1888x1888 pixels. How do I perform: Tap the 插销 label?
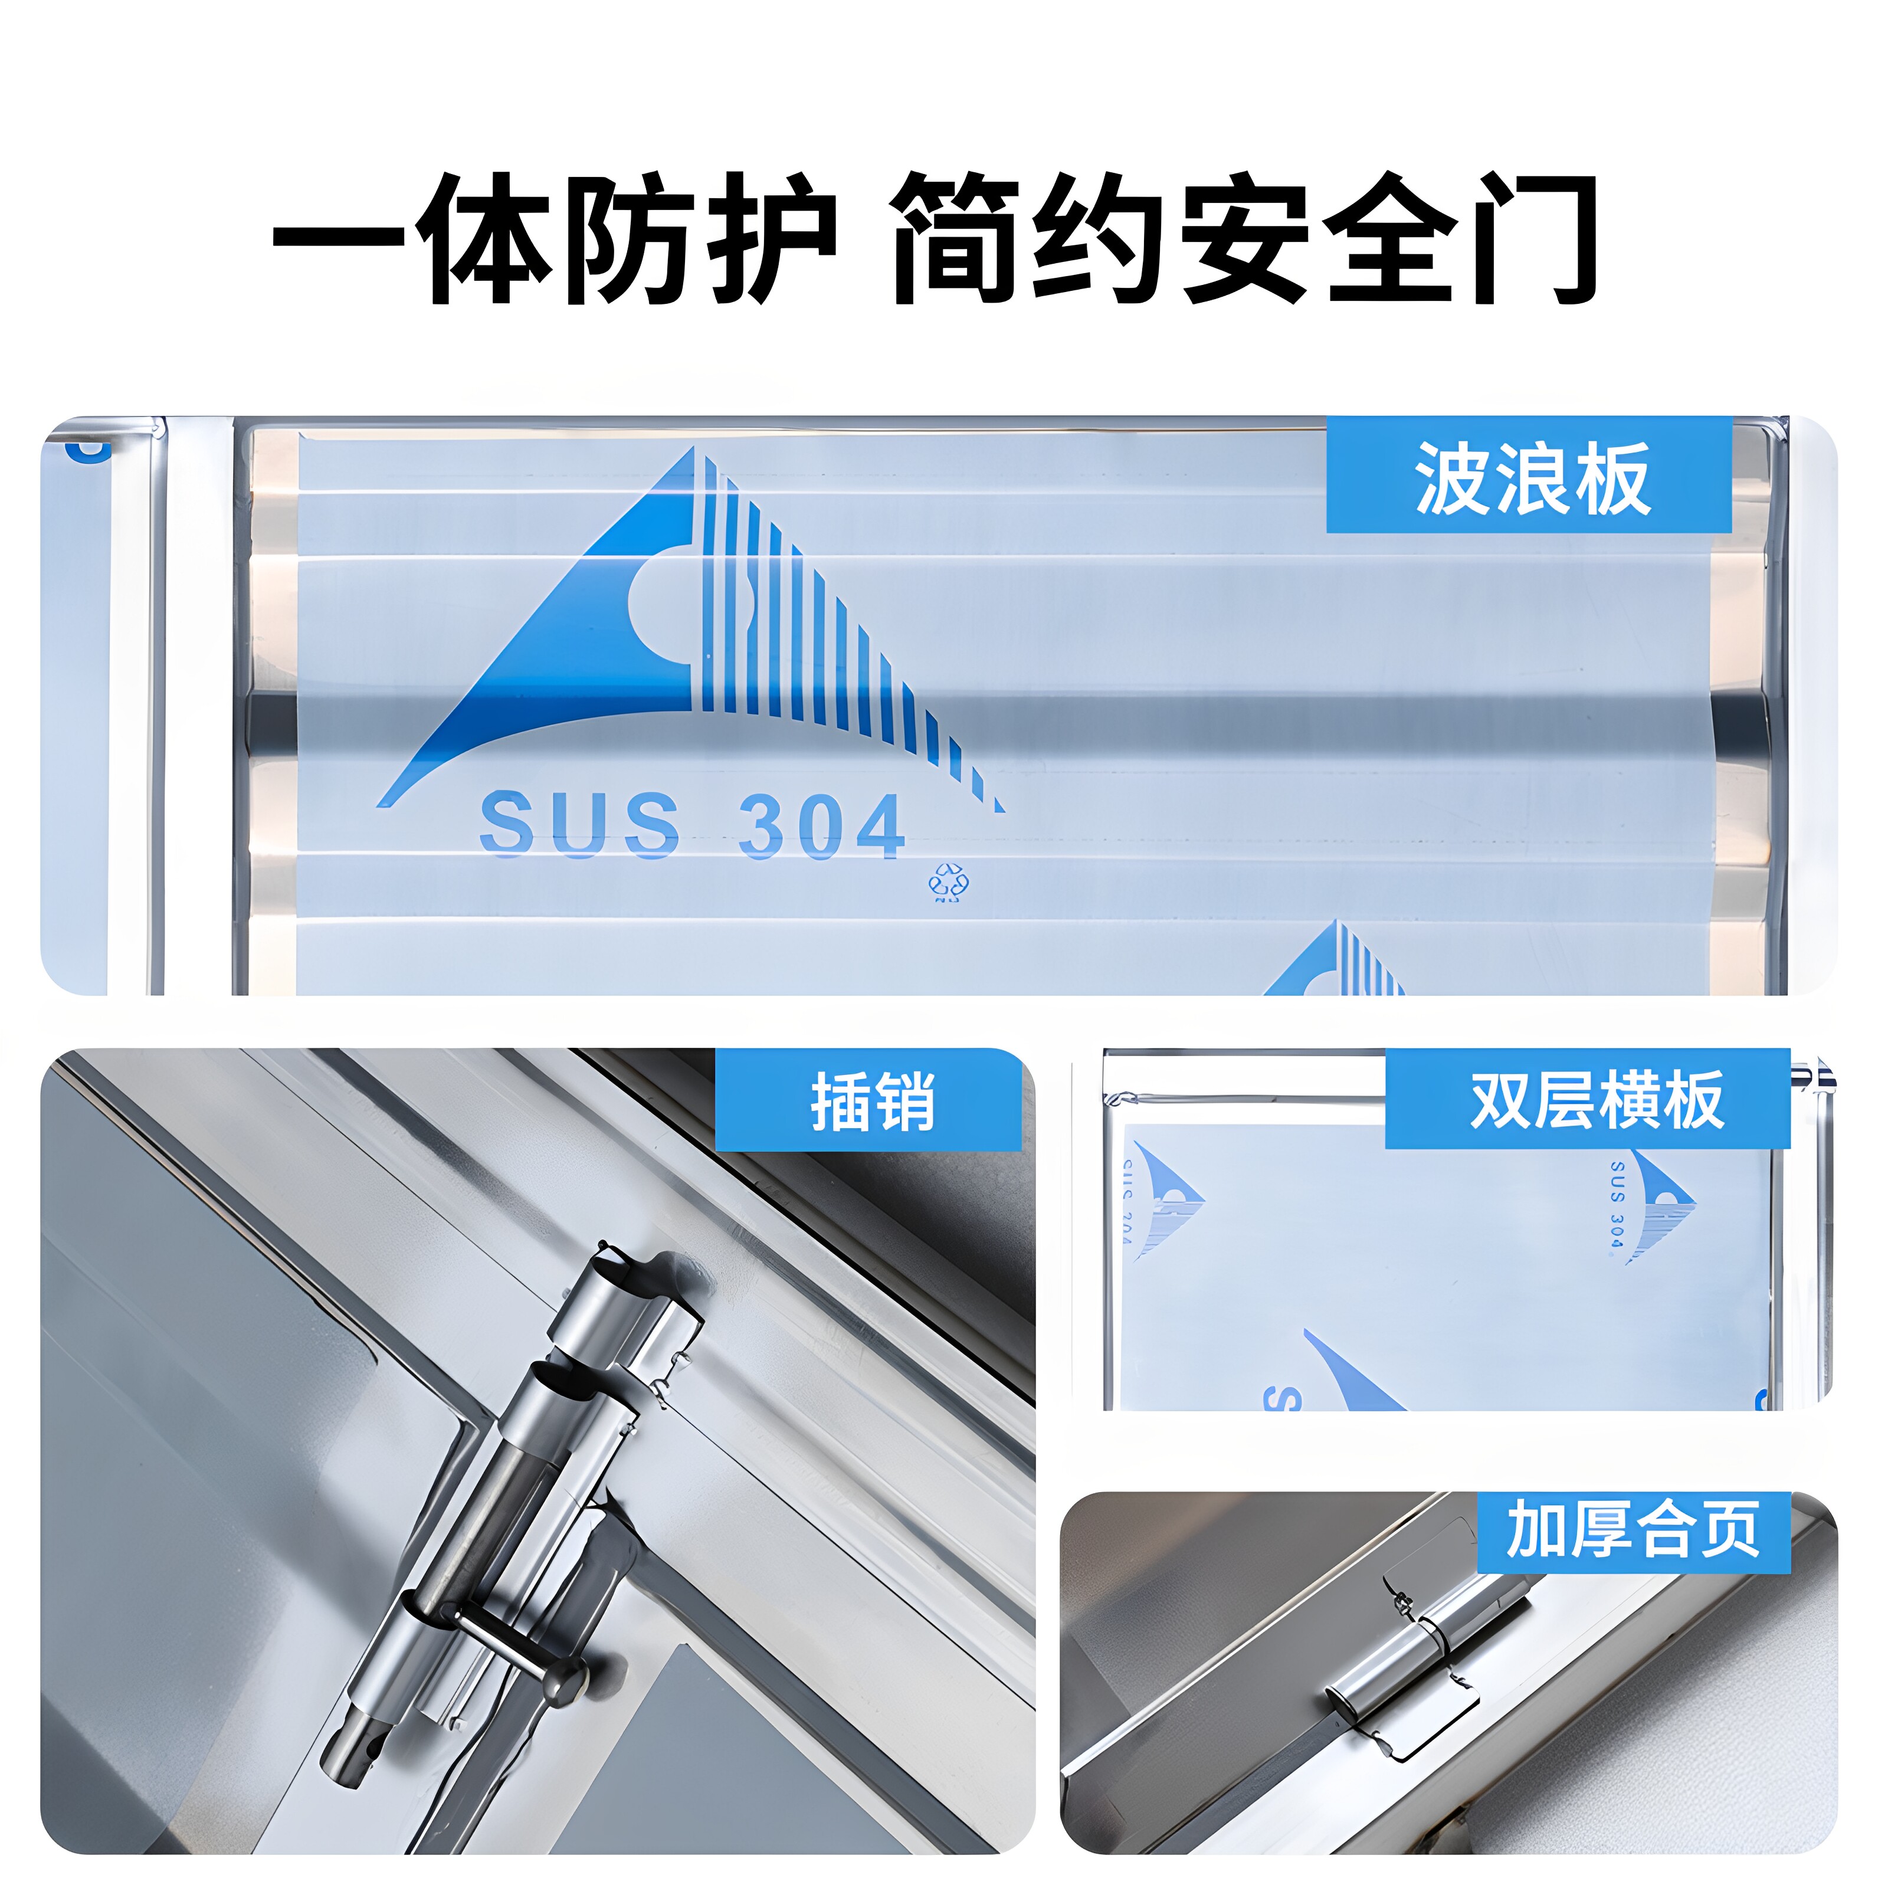(873, 1102)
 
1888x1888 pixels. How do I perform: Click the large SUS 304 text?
(692, 826)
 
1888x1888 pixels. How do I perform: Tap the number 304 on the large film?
(821, 826)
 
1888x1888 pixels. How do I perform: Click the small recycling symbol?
(948, 883)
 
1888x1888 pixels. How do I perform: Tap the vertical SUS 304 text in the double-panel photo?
(1617, 1204)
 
